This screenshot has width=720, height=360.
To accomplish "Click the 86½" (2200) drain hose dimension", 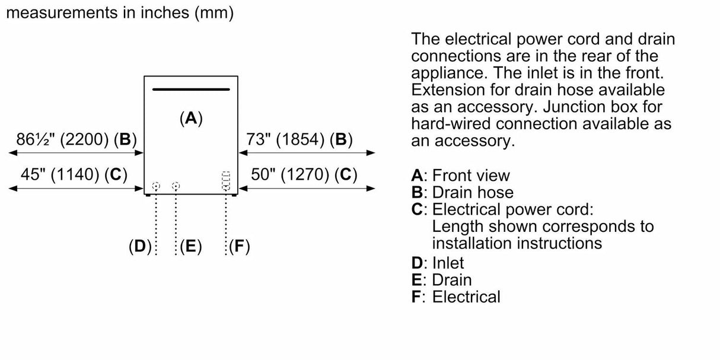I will click(76, 140).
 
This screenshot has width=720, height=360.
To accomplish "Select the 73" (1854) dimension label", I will click(299, 140).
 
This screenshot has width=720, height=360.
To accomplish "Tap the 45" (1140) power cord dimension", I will click(74, 174).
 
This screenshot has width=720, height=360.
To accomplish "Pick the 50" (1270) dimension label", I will click(304, 174).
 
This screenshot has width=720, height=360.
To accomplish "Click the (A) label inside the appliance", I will click(191, 118).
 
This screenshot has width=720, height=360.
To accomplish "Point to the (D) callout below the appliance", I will click(141, 247).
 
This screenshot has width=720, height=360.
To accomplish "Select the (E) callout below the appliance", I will click(190, 247).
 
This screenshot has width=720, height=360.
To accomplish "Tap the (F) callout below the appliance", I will click(239, 247).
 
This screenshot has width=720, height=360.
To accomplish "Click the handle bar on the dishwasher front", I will click(191, 90).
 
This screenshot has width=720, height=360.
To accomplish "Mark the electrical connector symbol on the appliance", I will click(225, 181).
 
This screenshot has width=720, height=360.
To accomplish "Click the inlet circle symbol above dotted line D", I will click(155, 186).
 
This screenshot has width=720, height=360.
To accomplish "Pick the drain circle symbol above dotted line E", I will click(176, 186).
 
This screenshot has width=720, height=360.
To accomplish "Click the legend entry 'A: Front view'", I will click(460, 176).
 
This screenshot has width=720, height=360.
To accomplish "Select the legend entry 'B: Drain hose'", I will click(462, 193).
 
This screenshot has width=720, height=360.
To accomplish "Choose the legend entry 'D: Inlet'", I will click(438, 263).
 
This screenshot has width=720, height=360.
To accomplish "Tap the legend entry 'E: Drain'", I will click(441, 280).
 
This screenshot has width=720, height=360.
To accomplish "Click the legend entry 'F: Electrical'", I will click(455, 297).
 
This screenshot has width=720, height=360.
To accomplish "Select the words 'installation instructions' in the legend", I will click(517, 243).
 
